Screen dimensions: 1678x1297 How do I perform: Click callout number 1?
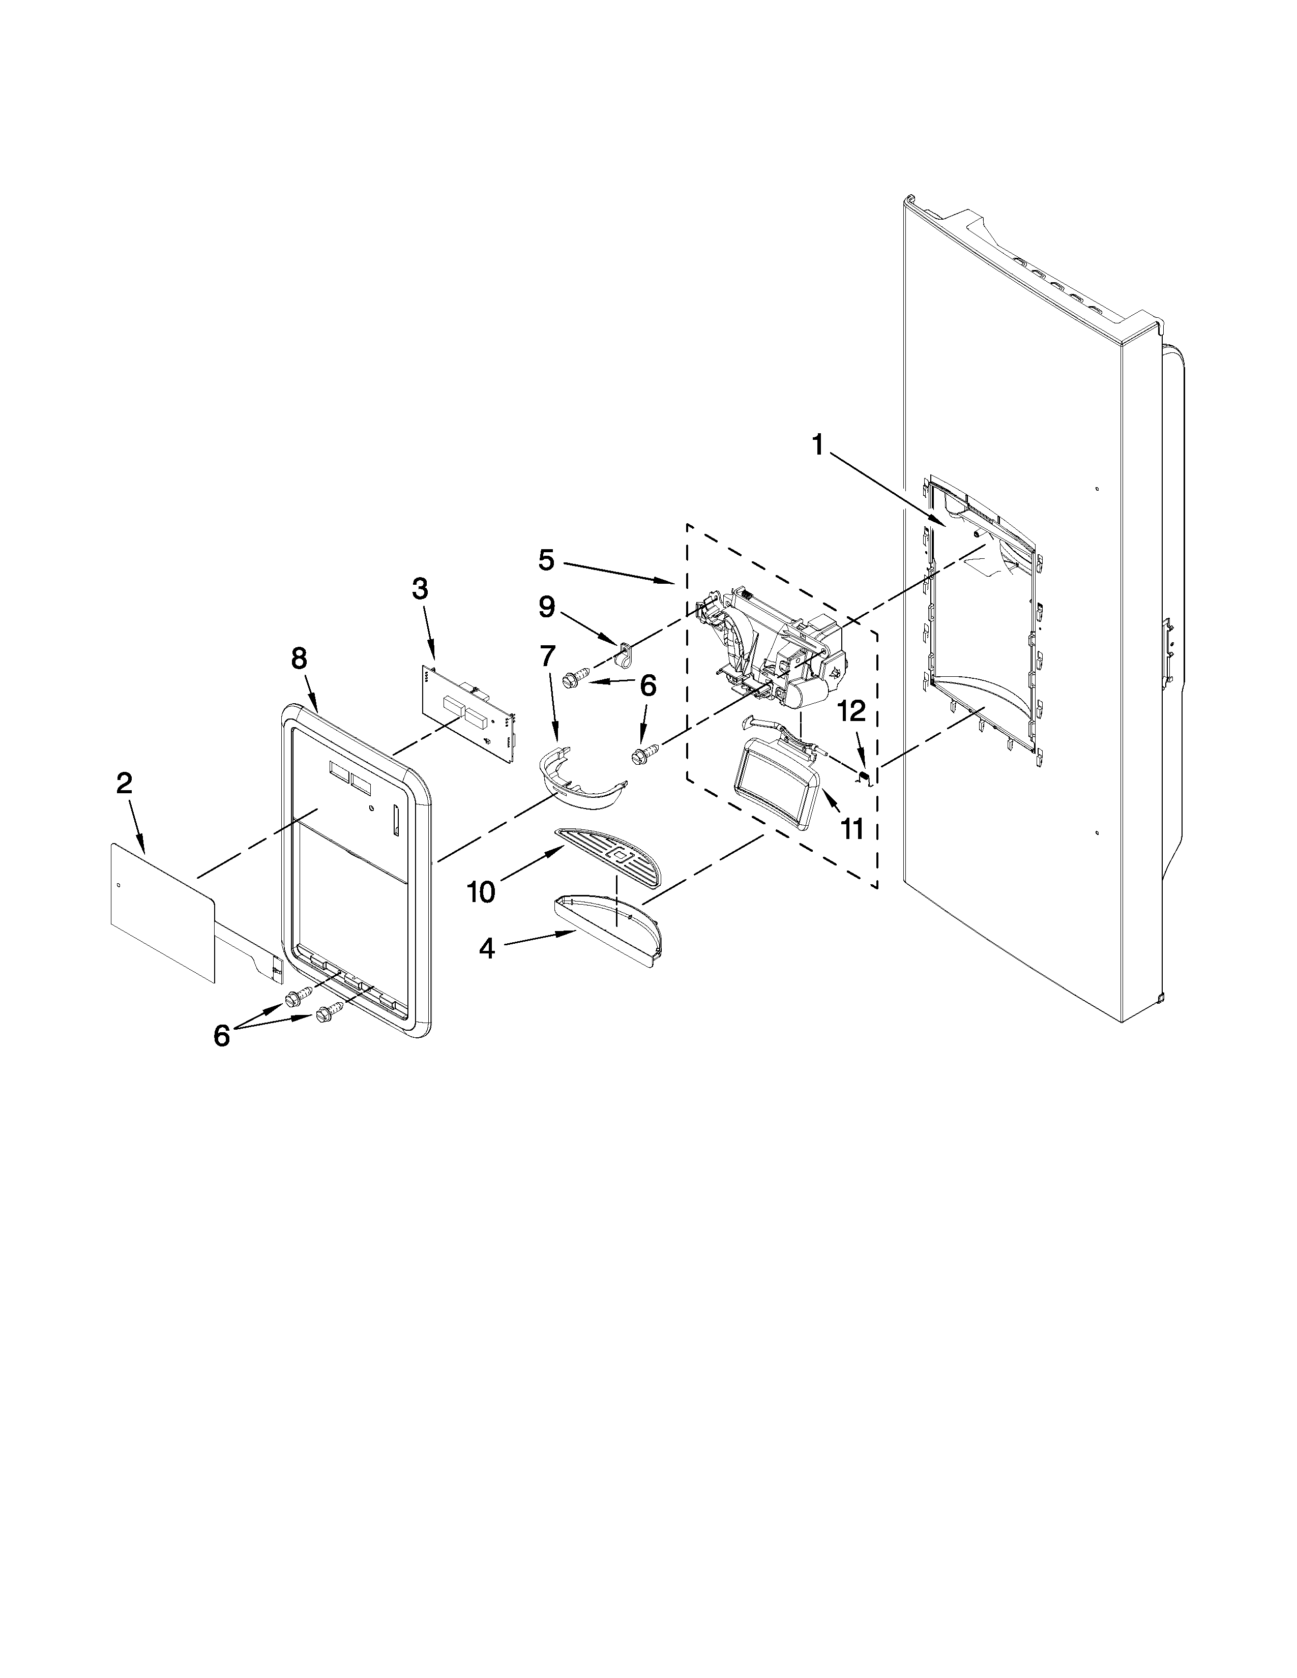(818, 445)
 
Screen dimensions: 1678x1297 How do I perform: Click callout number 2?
(124, 784)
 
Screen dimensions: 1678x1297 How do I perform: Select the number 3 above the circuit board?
(420, 589)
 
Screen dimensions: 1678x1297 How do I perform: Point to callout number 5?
(546, 560)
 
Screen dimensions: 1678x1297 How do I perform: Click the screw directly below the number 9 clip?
(573, 678)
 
